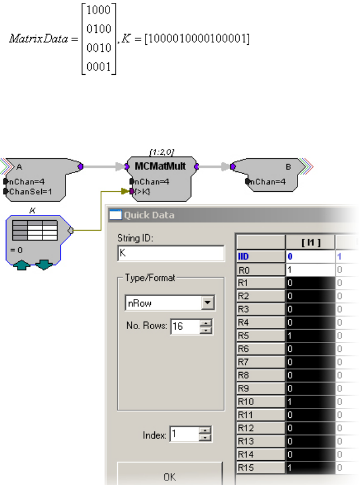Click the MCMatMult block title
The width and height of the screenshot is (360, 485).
160,167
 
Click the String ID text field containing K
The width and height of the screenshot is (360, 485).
171,254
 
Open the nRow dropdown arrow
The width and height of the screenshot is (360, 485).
207,304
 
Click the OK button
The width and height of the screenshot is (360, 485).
169,477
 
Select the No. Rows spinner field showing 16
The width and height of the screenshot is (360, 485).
184,327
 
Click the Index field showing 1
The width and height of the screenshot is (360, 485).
184,435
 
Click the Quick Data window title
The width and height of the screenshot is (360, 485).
148,215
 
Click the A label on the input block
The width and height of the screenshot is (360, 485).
20,167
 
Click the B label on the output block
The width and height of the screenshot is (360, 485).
289,167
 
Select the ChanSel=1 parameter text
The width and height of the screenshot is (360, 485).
28,191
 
